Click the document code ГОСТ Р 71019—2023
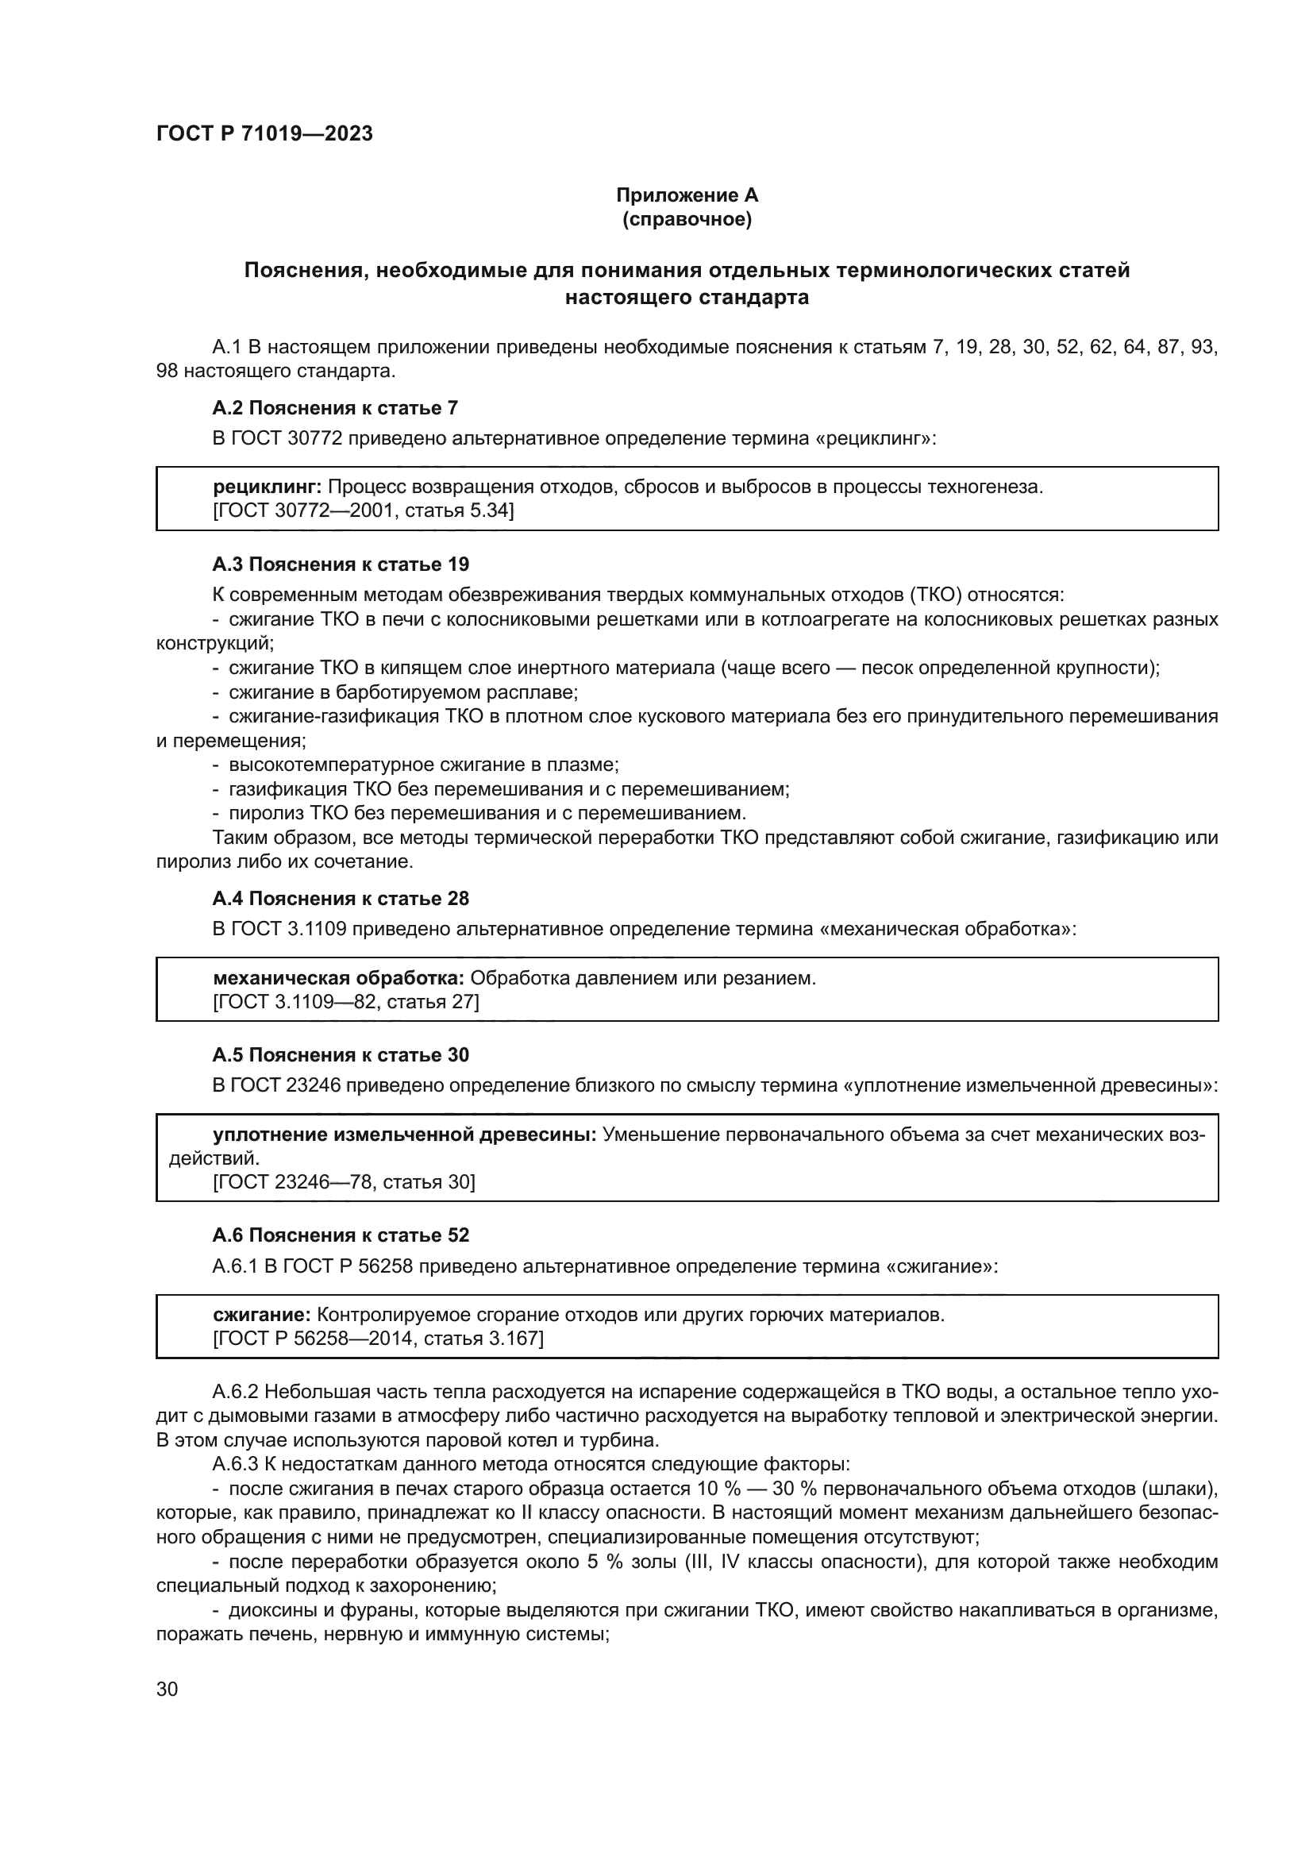click(x=264, y=134)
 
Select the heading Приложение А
click(x=687, y=195)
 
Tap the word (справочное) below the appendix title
click(x=687, y=220)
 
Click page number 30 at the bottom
click(x=167, y=1689)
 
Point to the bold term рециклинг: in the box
click(x=267, y=487)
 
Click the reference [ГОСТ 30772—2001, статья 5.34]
click(x=363, y=510)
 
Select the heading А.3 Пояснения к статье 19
click(x=341, y=564)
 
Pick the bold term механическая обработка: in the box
click(x=338, y=978)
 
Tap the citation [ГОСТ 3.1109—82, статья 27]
click(x=345, y=1002)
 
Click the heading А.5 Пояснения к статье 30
click(x=341, y=1055)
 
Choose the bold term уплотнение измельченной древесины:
click(x=404, y=1135)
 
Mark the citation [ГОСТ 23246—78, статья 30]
click(x=344, y=1182)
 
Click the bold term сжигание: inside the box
click(x=261, y=1315)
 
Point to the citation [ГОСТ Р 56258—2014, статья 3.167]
click(x=378, y=1339)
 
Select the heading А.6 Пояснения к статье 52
click(x=341, y=1236)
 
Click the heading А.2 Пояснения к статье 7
click(x=335, y=408)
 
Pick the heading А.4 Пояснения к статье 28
click(x=341, y=899)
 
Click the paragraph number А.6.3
click(x=235, y=1464)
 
